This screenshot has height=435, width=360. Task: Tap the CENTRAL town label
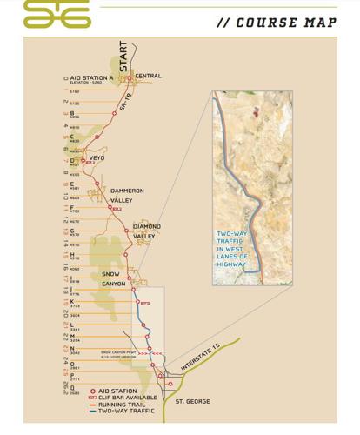coord(148,77)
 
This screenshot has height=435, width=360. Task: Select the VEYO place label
coord(97,157)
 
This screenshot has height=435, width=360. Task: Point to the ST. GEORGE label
coord(192,402)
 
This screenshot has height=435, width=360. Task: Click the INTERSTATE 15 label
coord(201,358)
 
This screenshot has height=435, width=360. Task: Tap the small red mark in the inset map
coord(256,111)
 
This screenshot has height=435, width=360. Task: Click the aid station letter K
coord(72,301)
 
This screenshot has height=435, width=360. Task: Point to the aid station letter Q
coord(72,388)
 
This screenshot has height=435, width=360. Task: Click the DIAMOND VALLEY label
coord(145,231)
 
